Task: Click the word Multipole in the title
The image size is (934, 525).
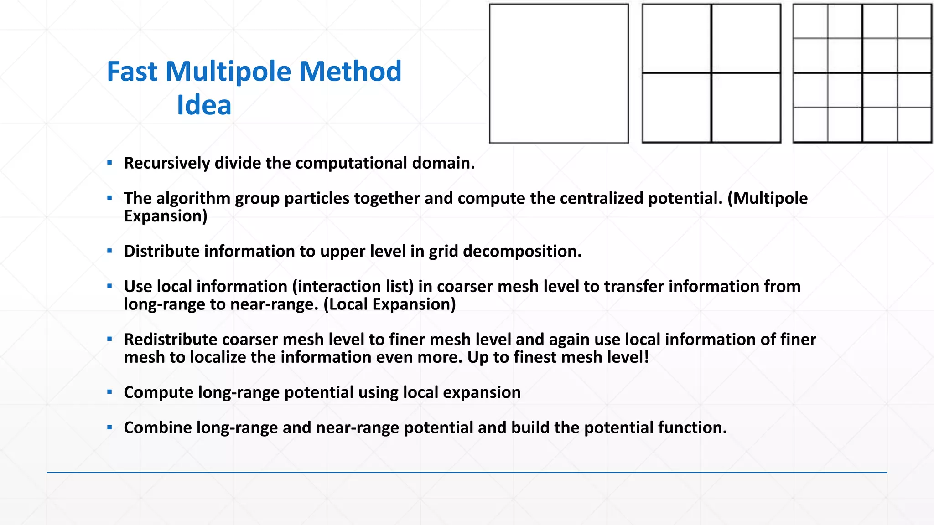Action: [x=228, y=72]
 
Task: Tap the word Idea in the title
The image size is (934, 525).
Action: [x=204, y=105]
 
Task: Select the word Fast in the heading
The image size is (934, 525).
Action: [x=132, y=72]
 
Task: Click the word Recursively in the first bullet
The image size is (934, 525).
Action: [x=166, y=163]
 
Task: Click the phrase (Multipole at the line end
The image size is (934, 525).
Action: [x=768, y=198]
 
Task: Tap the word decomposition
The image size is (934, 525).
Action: [x=522, y=251]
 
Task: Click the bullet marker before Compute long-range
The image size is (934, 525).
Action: [x=109, y=392]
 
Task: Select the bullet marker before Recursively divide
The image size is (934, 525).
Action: [x=109, y=162]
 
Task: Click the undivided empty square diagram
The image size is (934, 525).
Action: [x=559, y=73]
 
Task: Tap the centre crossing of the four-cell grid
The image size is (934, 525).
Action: [x=711, y=73]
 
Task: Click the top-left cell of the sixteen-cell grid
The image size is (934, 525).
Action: [x=811, y=21]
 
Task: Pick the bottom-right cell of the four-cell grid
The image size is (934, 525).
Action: [x=746, y=108]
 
